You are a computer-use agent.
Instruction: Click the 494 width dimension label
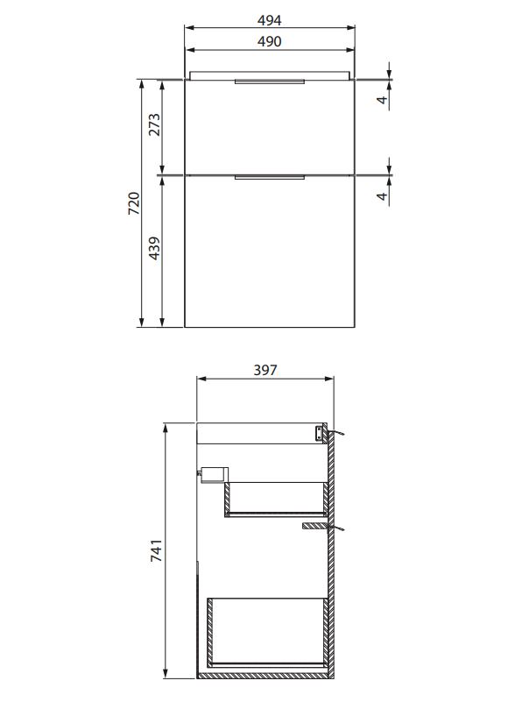tap(270, 20)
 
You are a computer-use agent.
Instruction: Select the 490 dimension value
tap(270, 42)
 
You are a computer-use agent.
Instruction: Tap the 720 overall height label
tap(134, 203)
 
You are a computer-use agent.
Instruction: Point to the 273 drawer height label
tap(154, 125)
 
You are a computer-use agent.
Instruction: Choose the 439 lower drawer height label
tap(154, 248)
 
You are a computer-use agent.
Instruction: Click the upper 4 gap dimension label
tap(382, 99)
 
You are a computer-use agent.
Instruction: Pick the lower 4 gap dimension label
tap(382, 196)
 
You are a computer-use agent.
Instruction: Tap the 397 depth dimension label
tap(265, 370)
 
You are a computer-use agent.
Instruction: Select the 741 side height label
tap(156, 550)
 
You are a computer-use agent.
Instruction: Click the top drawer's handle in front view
tap(270, 82)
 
